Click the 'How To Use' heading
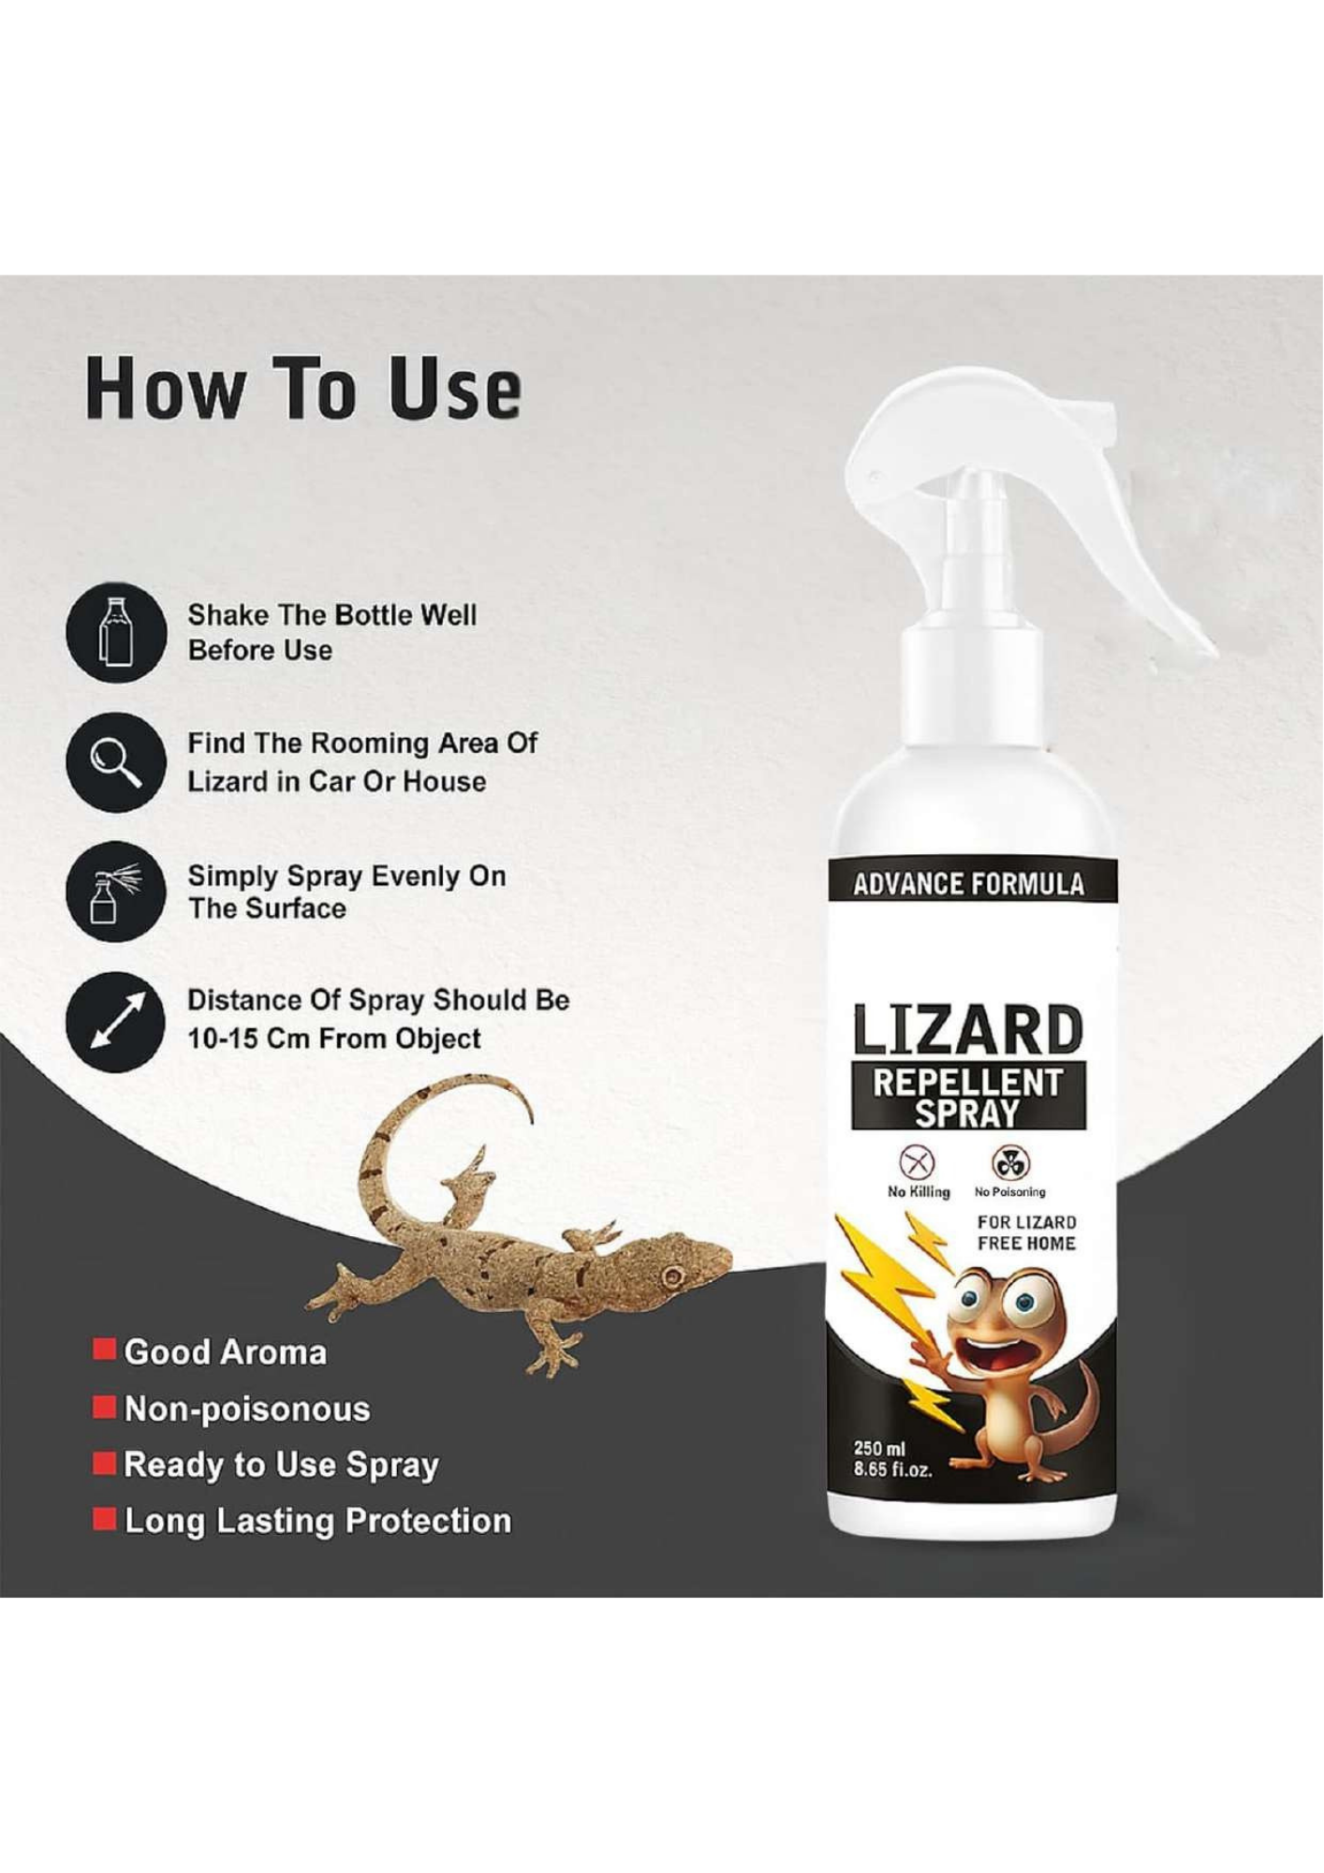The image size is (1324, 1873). (x=302, y=389)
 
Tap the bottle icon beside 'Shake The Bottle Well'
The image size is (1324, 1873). (x=116, y=632)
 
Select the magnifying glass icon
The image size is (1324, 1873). (x=116, y=761)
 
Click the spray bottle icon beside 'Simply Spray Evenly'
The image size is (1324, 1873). (x=116, y=892)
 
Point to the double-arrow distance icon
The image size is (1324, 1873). (x=116, y=1021)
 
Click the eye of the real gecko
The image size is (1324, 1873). (x=672, y=1276)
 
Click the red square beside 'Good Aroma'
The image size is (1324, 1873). (x=104, y=1349)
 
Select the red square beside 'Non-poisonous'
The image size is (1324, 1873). (x=104, y=1407)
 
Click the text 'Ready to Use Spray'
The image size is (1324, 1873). (x=281, y=1464)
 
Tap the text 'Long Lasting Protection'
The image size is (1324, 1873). (x=317, y=1521)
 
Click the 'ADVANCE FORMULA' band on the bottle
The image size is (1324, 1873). (x=968, y=884)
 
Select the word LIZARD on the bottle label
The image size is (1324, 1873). (x=968, y=1030)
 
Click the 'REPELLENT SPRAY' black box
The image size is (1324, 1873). (x=968, y=1096)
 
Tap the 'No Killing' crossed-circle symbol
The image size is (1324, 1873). (x=917, y=1163)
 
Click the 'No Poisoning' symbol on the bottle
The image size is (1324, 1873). (x=1009, y=1163)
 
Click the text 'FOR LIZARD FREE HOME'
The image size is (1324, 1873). (x=1026, y=1232)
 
